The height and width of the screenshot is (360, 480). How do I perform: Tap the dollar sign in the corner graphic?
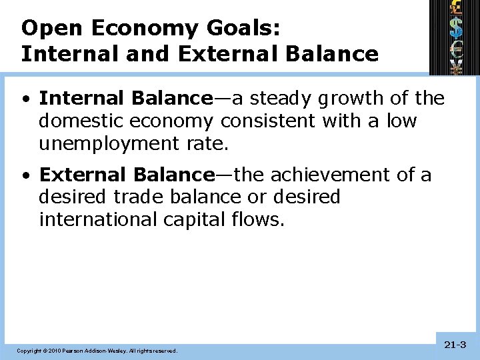point(456,27)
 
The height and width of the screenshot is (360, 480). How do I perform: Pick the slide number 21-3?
point(455,345)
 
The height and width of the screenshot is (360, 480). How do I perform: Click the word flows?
point(259,220)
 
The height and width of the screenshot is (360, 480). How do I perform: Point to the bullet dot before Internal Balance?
point(25,100)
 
